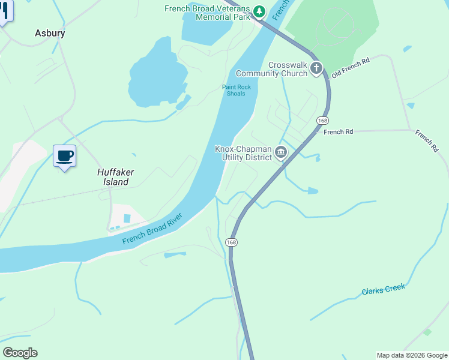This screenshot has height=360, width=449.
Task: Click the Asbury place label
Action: tap(50, 34)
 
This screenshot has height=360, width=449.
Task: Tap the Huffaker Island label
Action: tap(115, 177)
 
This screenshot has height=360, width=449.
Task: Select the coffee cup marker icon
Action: tap(64, 157)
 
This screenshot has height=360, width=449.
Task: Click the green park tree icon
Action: tap(259, 11)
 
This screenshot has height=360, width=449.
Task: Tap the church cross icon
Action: tap(316, 70)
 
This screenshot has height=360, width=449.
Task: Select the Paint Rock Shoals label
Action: tap(237, 91)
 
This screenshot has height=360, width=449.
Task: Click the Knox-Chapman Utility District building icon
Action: tap(281, 153)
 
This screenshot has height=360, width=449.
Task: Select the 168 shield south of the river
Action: tap(232, 242)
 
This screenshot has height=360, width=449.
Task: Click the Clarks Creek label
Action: tap(383, 290)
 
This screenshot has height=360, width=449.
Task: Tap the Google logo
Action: tap(20, 353)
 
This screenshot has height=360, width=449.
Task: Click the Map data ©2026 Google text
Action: tap(412, 355)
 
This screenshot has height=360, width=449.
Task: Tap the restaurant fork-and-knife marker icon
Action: tap(4, 11)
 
